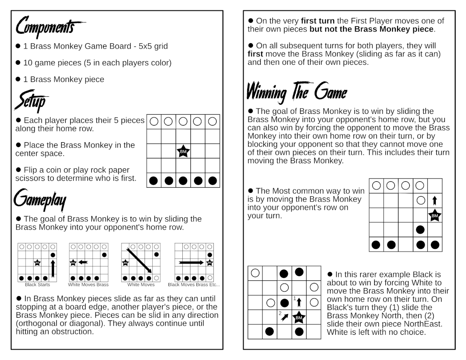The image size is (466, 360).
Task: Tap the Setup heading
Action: (x=32, y=102)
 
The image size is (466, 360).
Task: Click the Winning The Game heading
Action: (x=297, y=92)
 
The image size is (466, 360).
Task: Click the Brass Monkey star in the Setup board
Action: (x=183, y=151)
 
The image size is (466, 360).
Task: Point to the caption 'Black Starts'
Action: (x=37, y=285)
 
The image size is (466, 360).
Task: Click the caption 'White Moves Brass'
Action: (x=88, y=285)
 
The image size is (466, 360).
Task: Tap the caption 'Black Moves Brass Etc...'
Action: (x=194, y=285)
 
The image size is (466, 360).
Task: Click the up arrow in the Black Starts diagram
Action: (x=53, y=267)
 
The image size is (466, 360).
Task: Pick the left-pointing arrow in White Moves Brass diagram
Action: (x=83, y=262)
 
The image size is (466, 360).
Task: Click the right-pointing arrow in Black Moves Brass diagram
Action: (x=191, y=262)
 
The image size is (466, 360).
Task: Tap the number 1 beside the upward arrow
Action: (x=294, y=298)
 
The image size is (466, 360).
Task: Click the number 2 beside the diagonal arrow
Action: (x=280, y=313)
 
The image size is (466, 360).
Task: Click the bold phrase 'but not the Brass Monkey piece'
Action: (x=371, y=29)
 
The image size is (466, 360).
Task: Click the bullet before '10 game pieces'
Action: (x=18, y=63)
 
